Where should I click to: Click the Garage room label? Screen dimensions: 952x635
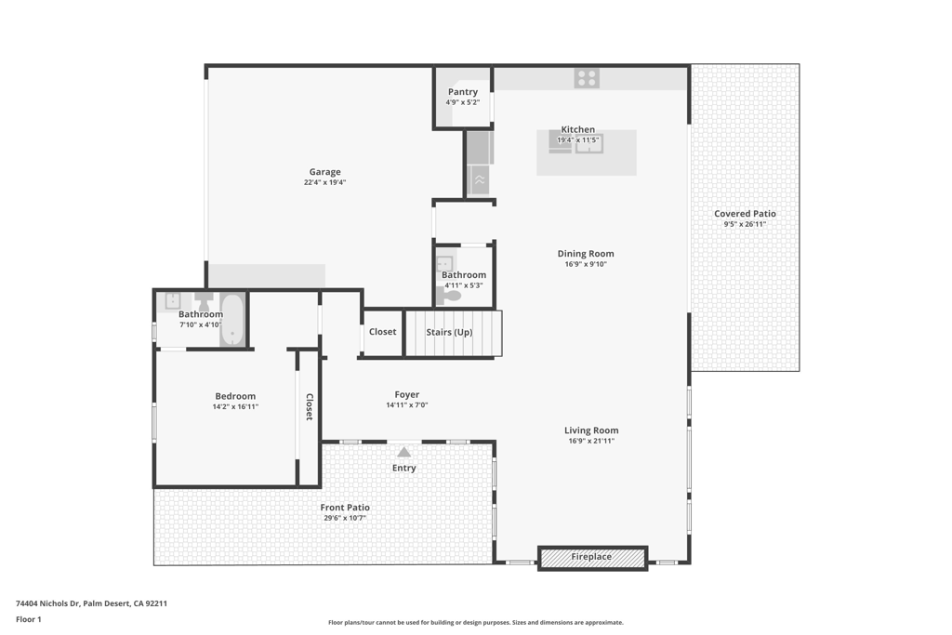[x=324, y=172]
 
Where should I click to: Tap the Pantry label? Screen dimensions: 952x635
[x=463, y=92]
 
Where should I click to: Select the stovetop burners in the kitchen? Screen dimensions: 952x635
[x=588, y=78]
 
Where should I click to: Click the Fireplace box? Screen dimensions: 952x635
[x=592, y=558]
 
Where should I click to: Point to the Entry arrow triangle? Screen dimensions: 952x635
[x=403, y=452]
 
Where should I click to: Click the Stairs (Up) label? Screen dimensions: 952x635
[x=449, y=332]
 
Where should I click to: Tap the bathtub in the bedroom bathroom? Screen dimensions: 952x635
[x=231, y=321]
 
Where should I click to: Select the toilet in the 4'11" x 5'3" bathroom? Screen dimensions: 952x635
[x=449, y=297]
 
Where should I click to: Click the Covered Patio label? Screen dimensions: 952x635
[x=745, y=214]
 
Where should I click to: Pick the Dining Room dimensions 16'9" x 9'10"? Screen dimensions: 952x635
[x=586, y=264]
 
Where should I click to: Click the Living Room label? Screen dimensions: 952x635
[x=591, y=430]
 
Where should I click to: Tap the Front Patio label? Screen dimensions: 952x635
[x=345, y=508]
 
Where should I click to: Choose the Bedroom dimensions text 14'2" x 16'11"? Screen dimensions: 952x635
[x=235, y=406]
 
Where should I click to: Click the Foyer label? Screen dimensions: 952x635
[x=407, y=394]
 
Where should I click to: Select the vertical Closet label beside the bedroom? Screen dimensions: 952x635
[x=309, y=406]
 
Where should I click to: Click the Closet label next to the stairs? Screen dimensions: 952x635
[x=382, y=332]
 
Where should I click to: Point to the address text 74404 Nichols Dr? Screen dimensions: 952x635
[x=48, y=603]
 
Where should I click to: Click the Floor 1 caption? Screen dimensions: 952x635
[x=29, y=620]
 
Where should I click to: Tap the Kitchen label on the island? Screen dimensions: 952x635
[x=578, y=129]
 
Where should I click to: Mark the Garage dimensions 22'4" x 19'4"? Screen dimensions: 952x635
[x=324, y=182]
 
